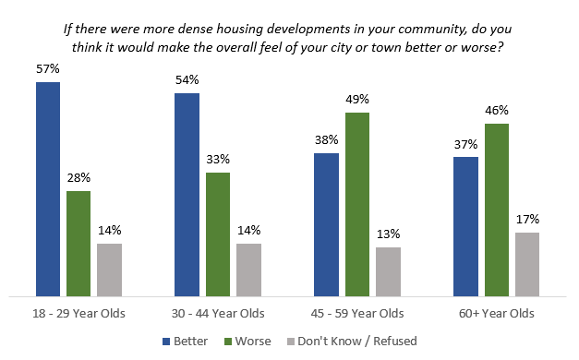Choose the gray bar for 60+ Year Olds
coord(527,264)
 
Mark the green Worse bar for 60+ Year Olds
coord(497,209)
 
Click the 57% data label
coord(48,69)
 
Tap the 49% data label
coord(357,100)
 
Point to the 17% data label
coord(527,220)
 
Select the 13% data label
coord(388,234)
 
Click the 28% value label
coord(78,178)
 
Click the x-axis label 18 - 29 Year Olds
coord(78,313)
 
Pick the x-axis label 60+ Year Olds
coord(497,313)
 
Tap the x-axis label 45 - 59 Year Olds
coord(357,313)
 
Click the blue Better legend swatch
coord(167,342)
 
